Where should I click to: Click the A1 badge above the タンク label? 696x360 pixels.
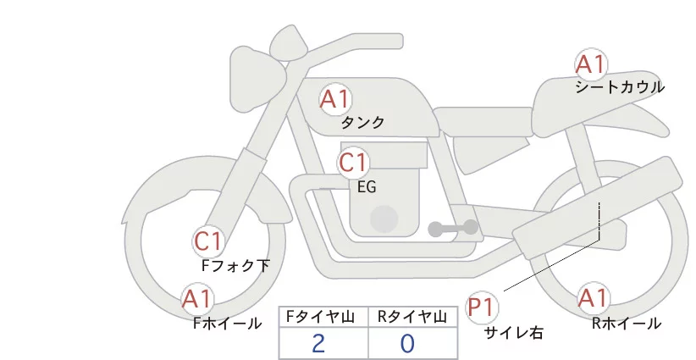click(x=334, y=99)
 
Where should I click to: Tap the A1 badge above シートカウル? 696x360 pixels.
click(x=590, y=64)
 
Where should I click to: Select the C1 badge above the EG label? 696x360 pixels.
click(x=353, y=162)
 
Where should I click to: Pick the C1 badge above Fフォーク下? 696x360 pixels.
click(x=207, y=242)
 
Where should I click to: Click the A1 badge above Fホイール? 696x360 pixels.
click(x=197, y=299)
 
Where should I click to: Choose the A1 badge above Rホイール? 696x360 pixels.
click(x=592, y=299)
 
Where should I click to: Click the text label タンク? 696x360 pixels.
click(x=362, y=123)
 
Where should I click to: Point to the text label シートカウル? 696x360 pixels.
click(x=620, y=87)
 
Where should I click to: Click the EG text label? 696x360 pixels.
click(x=367, y=186)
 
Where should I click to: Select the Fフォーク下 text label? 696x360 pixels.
click(x=235, y=266)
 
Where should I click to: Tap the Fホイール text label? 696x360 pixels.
click(x=227, y=324)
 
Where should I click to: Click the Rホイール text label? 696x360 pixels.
click(x=627, y=324)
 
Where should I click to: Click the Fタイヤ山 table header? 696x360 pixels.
click(x=323, y=317)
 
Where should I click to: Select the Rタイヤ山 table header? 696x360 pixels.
click(x=413, y=317)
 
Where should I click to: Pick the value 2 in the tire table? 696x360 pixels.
click(x=318, y=343)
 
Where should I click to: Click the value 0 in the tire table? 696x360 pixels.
click(x=407, y=343)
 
